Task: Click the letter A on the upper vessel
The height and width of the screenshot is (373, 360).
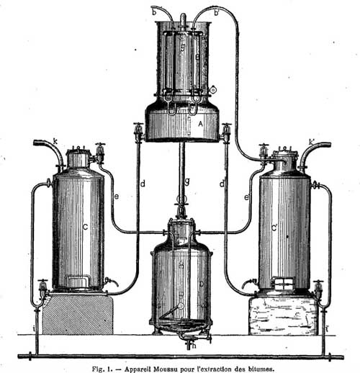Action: [x=200, y=124]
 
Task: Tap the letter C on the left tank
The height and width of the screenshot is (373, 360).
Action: [x=85, y=227]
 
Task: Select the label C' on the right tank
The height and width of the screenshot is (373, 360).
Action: [x=274, y=228]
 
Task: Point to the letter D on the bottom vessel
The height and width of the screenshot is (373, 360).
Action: [x=202, y=284]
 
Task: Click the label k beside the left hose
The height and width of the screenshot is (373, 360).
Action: [x=55, y=142]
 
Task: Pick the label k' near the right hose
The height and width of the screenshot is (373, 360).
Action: [x=312, y=142]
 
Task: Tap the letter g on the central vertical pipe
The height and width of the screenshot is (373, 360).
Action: [x=187, y=181]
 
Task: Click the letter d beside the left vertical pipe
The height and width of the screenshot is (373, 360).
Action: [x=143, y=184]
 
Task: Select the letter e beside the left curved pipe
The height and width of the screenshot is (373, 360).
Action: [x=117, y=197]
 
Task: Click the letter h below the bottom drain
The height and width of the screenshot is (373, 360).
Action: [x=194, y=346]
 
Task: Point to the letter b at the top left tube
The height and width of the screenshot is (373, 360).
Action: [x=154, y=12]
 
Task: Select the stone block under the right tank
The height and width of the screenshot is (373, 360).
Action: [x=284, y=315]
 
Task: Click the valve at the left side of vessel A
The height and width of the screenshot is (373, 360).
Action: [x=138, y=132]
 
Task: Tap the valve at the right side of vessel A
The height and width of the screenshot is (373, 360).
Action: [x=226, y=132]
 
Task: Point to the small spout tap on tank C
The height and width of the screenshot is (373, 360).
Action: [x=112, y=282]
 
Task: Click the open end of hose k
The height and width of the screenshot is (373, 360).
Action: [x=35, y=143]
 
